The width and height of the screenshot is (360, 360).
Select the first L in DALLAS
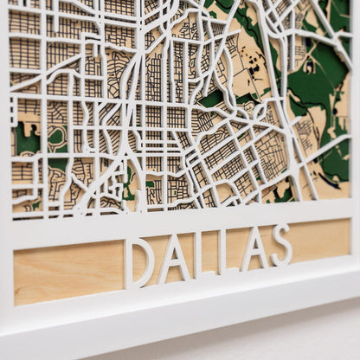[202, 254]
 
